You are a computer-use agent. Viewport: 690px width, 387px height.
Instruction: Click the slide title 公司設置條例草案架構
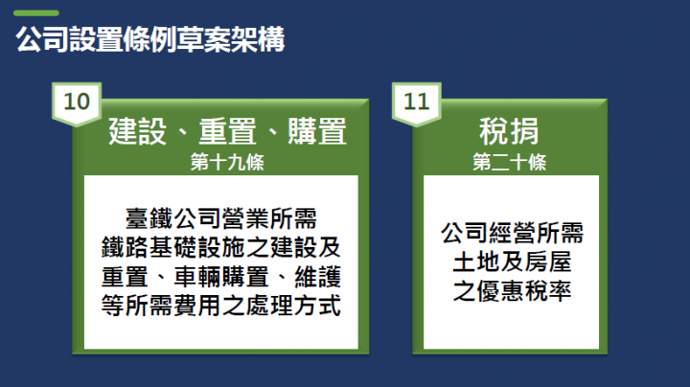point(150,42)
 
